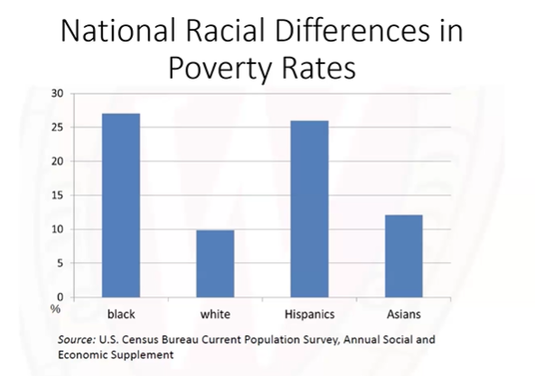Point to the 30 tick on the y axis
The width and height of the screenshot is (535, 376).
[57, 93]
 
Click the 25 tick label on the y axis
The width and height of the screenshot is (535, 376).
[57, 127]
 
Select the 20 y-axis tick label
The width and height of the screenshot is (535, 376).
[57, 162]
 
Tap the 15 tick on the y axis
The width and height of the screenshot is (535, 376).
[57, 195]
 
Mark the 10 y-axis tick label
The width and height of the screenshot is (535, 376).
[57, 230]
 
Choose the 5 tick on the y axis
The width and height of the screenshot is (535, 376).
[60, 263]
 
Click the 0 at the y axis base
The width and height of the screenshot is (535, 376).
[60, 296]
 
